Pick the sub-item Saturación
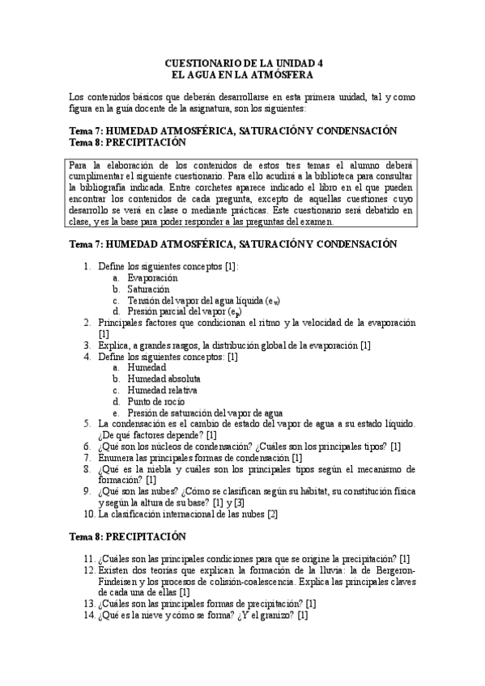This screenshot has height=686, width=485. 149,289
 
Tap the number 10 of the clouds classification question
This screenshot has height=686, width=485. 89,514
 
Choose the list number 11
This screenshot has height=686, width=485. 89,558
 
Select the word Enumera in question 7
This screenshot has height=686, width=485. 118,457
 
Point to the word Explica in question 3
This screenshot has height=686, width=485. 114,345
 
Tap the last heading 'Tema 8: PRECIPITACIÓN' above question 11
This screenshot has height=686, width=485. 128,536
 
